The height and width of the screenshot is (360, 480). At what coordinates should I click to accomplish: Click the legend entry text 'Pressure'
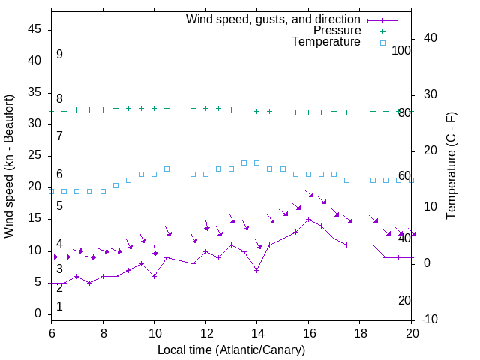[x=337, y=31]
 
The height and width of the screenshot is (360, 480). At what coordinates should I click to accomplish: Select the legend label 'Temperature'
[x=326, y=43]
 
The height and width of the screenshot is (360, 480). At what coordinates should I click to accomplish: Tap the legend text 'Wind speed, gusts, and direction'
[x=273, y=19]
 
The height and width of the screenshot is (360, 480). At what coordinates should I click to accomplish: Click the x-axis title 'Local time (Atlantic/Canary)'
[x=231, y=349]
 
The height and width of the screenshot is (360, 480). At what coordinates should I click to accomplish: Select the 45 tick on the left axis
[x=34, y=29]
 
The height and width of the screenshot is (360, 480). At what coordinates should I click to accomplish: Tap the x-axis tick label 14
[x=256, y=331]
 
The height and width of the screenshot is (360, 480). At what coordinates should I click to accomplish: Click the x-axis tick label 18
[x=359, y=331]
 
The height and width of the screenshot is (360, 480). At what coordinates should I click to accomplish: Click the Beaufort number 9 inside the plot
[x=59, y=55]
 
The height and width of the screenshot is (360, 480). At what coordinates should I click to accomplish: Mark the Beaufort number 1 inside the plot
[x=59, y=306]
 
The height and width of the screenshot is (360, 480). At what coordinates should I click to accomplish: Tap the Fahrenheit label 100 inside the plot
[x=401, y=50]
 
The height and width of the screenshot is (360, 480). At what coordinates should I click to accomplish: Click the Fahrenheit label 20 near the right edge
[x=404, y=300]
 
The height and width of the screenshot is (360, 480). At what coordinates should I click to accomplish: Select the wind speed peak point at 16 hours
[x=308, y=219]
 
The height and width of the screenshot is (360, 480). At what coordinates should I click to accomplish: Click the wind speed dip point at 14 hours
[x=256, y=270]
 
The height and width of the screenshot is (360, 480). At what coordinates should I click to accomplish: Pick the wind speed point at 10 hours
[x=154, y=276]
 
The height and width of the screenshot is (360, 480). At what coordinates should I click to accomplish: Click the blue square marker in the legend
[x=382, y=43]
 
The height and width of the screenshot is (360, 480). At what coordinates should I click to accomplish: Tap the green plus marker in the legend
[x=382, y=31]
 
